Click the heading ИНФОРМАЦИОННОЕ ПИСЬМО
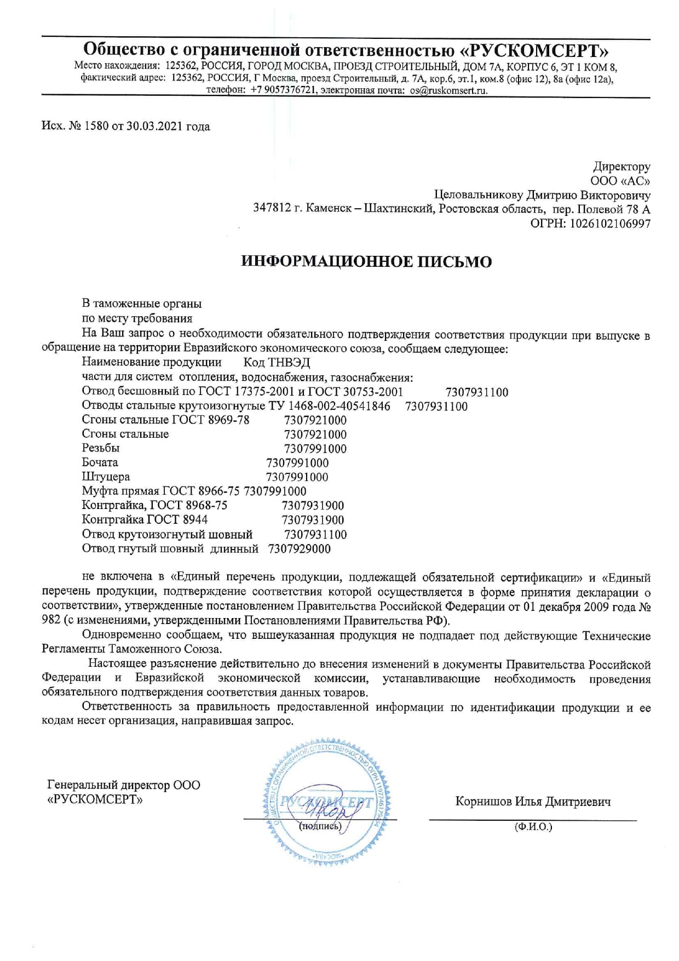366,262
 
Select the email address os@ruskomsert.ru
448,91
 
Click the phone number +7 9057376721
284,91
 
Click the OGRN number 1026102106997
610,224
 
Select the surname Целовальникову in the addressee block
479,195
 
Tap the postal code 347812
272,209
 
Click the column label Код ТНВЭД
277,362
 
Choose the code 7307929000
300,549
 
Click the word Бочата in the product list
100,462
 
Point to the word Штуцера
106,477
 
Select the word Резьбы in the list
101,448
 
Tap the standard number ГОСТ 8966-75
201,491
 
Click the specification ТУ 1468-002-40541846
329,406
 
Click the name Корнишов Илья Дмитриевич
533,802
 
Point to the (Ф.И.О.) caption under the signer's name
533,827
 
